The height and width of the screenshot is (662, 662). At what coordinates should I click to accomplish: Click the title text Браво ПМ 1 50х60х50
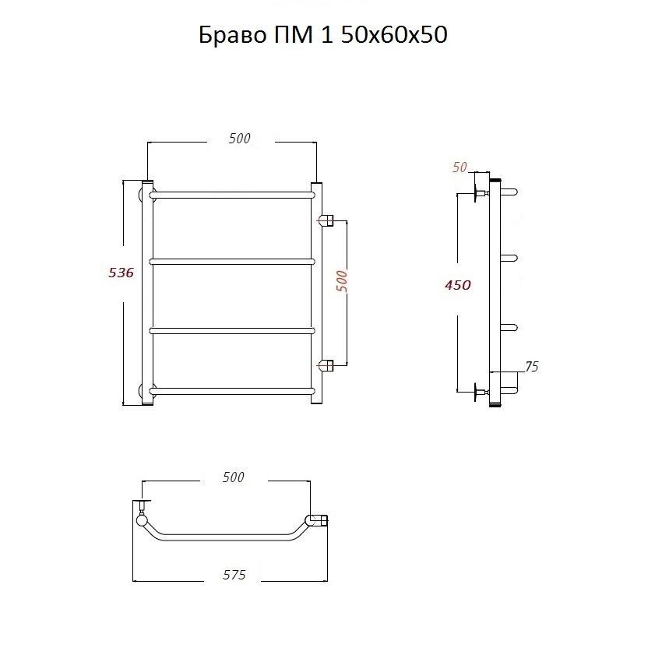[323, 34]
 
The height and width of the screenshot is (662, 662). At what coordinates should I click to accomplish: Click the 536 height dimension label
[121, 273]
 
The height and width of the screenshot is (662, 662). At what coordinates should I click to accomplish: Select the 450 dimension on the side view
[458, 285]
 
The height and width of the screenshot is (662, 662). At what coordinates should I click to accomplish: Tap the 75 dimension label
[531, 367]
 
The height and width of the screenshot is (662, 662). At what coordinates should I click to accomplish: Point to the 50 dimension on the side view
[460, 167]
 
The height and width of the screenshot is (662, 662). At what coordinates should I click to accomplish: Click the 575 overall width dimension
[234, 575]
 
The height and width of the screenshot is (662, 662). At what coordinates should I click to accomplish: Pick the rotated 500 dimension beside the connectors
[342, 281]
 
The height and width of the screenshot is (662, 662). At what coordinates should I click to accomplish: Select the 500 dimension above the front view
[239, 139]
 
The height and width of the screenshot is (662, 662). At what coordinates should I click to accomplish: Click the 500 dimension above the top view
[234, 477]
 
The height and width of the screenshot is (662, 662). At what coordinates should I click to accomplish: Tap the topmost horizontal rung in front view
[232, 195]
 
